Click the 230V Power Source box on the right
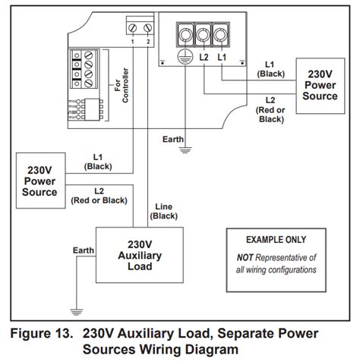(x=320, y=86)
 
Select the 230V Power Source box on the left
(x=40, y=181)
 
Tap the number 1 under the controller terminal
(x=134, y=42)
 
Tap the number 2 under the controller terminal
(x=148, y=42)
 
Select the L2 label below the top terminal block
(x=204, y=58)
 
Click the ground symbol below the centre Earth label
(x=183, y=151)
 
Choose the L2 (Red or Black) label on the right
(x=270, y=109)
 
